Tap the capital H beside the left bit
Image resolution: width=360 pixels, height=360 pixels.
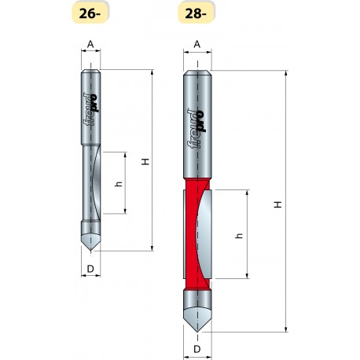coord(144,161)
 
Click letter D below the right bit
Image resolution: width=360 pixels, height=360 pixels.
coord(197,348)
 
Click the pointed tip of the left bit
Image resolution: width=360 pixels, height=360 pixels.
coord(92,250)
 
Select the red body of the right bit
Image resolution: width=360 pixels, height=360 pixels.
coord(189,236)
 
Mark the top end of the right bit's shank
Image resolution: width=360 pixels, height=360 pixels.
coord(197,72)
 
